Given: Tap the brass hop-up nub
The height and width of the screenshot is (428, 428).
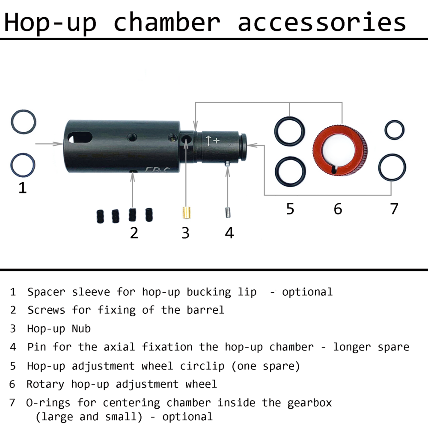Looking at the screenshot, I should [x=186, y=212].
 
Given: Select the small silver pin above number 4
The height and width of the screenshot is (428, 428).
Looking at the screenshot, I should [x=228, y=212].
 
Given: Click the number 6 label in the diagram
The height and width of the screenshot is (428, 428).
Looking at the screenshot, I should [x=338, y=209].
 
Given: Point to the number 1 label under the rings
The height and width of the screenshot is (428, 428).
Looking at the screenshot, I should [x=22, y=187].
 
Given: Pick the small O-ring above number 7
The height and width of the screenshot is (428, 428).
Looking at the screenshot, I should [x=394, y=130].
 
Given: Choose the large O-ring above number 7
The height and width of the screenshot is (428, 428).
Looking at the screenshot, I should [x=392, y=167].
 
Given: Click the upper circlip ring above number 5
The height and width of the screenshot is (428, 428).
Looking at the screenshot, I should [x=289, y=131].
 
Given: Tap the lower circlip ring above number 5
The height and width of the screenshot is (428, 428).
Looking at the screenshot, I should [x=289, y=170].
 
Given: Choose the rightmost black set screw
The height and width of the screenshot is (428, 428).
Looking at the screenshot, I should [x=149, y=214].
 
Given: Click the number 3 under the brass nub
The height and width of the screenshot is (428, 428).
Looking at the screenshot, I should [x=185, y=233].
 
